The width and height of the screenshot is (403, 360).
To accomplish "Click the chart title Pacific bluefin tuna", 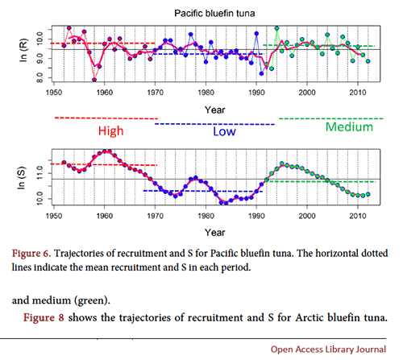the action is (214, 13).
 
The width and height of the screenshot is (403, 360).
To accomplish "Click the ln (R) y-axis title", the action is (23, 51).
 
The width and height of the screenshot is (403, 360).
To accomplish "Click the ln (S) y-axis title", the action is (22, 178).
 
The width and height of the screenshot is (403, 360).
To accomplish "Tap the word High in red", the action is (110, 131).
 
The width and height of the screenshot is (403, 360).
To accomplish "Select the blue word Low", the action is (224, 131).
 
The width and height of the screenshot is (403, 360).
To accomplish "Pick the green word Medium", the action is (349, 126).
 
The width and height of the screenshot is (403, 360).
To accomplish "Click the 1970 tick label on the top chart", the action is (156, 93).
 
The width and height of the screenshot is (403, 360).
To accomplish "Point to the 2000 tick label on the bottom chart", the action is (307, 216).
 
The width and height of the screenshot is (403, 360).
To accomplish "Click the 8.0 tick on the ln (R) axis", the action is (39, 78).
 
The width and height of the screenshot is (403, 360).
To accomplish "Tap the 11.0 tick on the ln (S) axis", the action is (39, 173).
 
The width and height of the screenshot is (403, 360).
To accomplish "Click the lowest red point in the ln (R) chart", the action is (94, 80).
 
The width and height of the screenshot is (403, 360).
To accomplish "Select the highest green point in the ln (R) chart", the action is (276, 28).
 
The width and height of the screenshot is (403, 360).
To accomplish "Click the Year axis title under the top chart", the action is (214, 110).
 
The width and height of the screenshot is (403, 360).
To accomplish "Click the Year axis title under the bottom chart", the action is (214, 232).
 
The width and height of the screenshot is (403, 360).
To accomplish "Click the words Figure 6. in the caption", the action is (31, 254).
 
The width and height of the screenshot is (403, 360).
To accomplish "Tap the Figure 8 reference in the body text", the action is (44, 317).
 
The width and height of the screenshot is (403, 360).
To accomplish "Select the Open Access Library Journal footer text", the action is (328, 350).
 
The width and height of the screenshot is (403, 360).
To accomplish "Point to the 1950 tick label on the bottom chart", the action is (54, 216).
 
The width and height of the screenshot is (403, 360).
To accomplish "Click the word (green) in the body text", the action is (93, 300).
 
